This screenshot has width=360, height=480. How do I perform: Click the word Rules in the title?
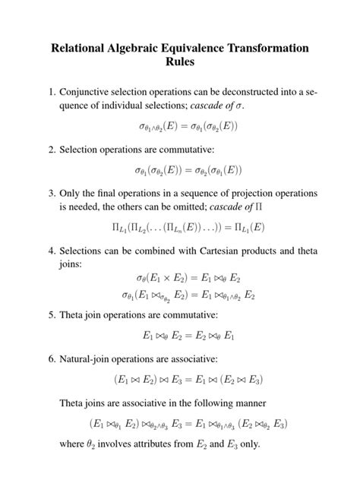(x=180, y=62)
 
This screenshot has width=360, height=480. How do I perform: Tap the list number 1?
(x=50, y=92)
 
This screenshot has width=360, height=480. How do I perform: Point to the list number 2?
(x=50, y=149)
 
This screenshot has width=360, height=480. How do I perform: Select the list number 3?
(x=50, y=192)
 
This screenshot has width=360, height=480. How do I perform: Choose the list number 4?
(x=50, y=250)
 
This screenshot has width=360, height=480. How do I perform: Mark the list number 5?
(x=50, y=314)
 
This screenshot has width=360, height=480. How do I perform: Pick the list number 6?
(x=50, y=357)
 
